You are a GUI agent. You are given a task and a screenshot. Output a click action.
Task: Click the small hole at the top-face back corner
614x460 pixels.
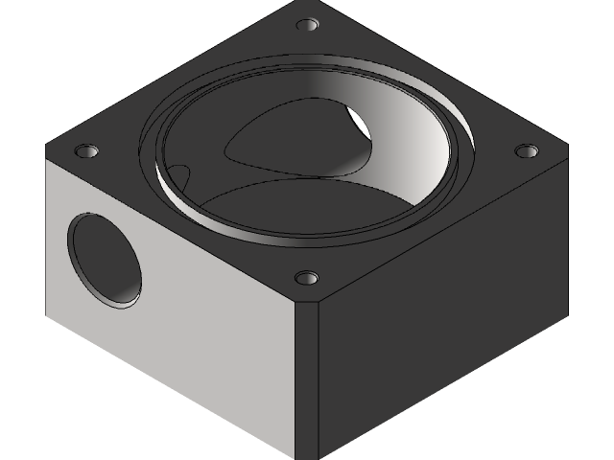[x=308, y=24]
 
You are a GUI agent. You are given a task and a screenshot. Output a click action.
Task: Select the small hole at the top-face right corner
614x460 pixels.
[x=525, y=150]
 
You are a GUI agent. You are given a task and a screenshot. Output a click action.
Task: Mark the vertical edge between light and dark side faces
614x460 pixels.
[x=318, y=383]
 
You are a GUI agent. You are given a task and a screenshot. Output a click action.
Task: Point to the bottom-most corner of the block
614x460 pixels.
[x=317, y=457]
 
